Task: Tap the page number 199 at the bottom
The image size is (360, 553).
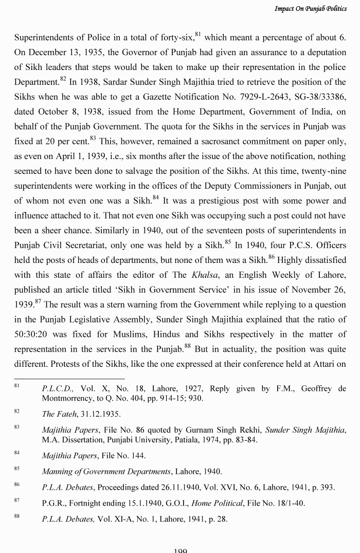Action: pos(180,550)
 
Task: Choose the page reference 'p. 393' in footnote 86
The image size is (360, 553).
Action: pos(323,487)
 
